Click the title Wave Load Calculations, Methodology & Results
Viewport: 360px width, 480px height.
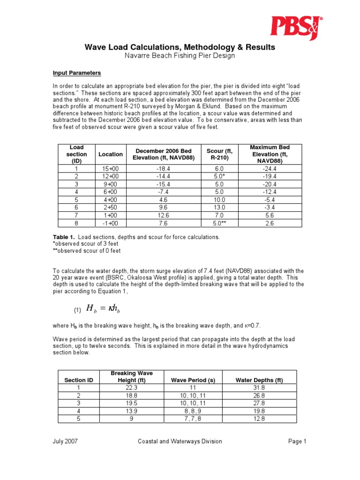(x=180, y=47)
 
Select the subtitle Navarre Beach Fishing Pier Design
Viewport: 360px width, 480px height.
(x=180, y=56)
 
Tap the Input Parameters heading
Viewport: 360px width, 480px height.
(x=76, y=74)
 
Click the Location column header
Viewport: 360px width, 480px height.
(x=111, y=154)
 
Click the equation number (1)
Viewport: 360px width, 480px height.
(x=77, y=310)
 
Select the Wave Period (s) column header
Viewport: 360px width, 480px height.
(x=193, y=380)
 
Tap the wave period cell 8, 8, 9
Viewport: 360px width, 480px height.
(x=193, y=411)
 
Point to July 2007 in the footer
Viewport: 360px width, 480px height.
(x=66, y=441)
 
